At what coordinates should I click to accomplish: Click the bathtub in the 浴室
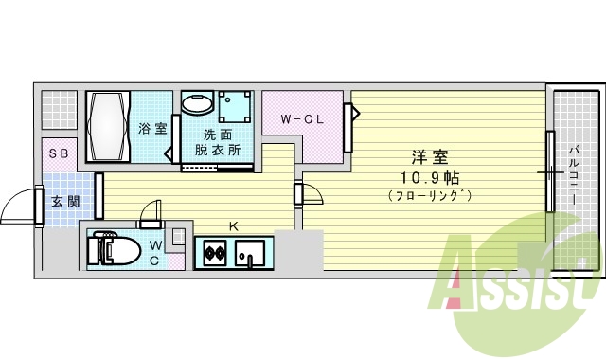pyautogui.click(x=108, y=127)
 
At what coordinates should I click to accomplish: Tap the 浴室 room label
pyautogui.click(x=152, y=129)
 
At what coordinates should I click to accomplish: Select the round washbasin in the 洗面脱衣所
pyautogui.click(x=196, y=103)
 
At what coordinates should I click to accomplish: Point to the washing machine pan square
pyautogui.click(x=235, y=107)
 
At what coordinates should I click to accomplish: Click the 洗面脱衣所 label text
pyautogui.click(x=218, y=142)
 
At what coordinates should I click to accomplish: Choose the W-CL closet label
pyautogui.click(x=302, y=119)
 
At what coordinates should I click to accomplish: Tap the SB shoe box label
pyautogui.click(x=59, y=153)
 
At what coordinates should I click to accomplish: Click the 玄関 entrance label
pyautogui.click(x=65, y=201)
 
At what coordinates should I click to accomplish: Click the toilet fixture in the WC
pyautogui.click(x=114, y=250)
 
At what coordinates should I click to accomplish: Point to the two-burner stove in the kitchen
pyautogui.click(x=215, y=253)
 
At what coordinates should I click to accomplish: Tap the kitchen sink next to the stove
pyautogui.click(x=250, y=253)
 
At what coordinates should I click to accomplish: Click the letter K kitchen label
pyautogui.click(x=234, y=226)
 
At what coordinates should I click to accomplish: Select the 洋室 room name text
pyautogui.click(x=430, y=157)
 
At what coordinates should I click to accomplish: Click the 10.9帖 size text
pyautogui.click(x=429, y=178)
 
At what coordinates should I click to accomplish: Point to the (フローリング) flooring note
pyautogui.click(x=430, y=196)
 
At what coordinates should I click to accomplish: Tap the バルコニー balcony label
pyautogui.click(x=575, y=174)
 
